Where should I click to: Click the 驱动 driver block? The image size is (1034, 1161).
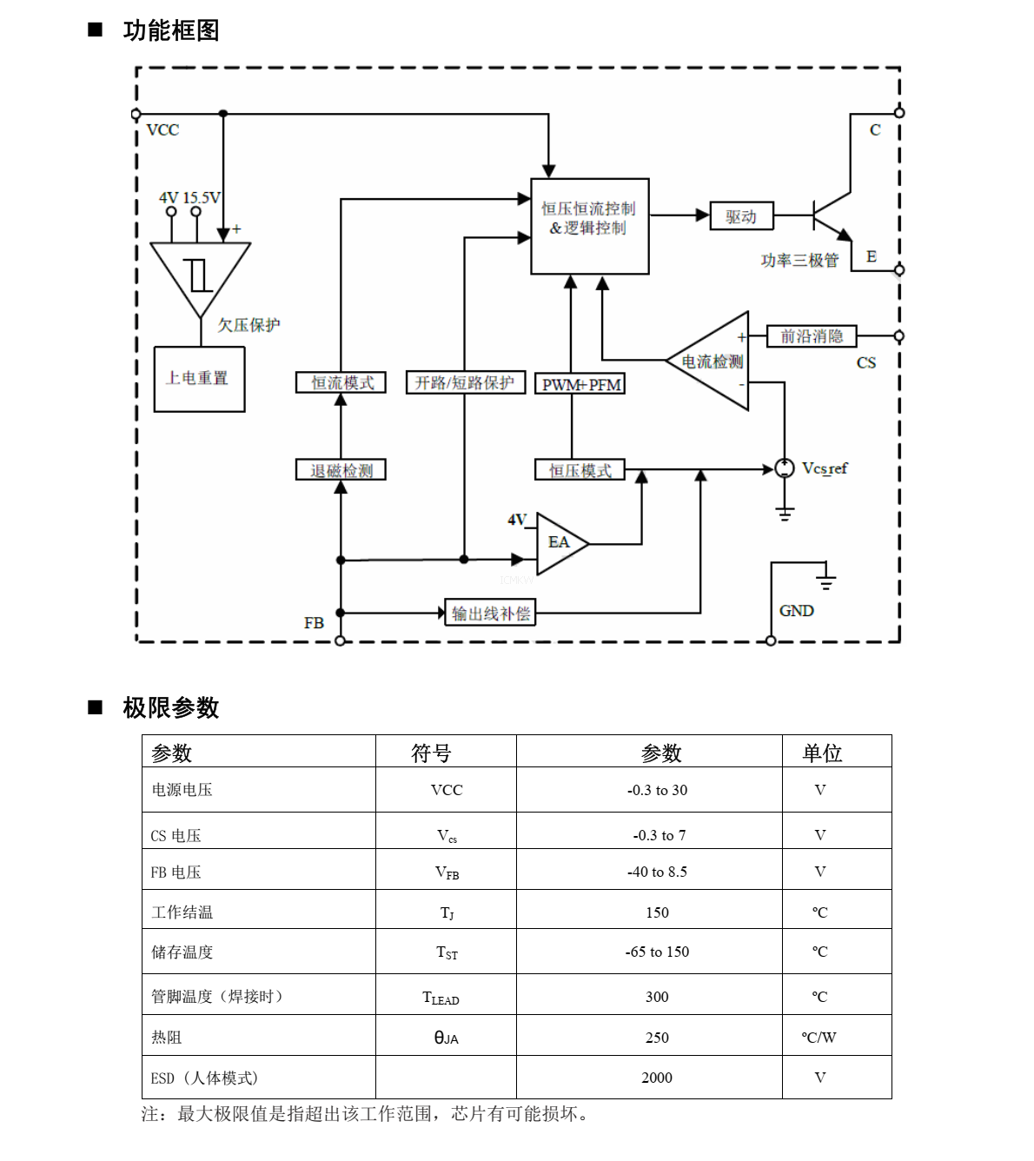tap(741, 216)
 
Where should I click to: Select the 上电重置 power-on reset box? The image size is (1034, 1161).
tap(199, 379)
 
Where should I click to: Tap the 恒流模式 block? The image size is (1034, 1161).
tap(341, 382)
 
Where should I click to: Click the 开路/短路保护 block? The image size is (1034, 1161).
tap(465, 382)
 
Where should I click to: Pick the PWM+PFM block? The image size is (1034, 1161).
tap(580, 384)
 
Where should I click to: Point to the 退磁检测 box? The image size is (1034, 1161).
tap(341, 470)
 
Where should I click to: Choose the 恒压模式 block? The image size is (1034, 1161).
tap(580, 470)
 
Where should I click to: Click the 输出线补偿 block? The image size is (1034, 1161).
tap(490, 613)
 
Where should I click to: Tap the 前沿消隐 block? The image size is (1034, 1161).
tap(812, 336)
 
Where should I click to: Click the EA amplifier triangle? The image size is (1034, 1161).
tap(558, 543)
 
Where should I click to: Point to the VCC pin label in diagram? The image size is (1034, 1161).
tap(162, 130)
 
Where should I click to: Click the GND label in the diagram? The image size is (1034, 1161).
tap(796, 611)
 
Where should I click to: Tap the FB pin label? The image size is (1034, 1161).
tap(314, 623)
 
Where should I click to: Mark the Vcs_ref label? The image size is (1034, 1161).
tap(825, 468)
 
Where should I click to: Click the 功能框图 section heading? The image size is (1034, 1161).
tap(171, 30)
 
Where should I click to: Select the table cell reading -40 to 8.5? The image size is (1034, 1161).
tap(657, 872)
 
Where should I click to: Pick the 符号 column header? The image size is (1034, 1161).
tap(431, 753)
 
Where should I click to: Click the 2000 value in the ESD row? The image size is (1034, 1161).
tap(657, 1078)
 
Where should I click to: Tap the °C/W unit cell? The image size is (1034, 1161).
tap(819, 1037)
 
